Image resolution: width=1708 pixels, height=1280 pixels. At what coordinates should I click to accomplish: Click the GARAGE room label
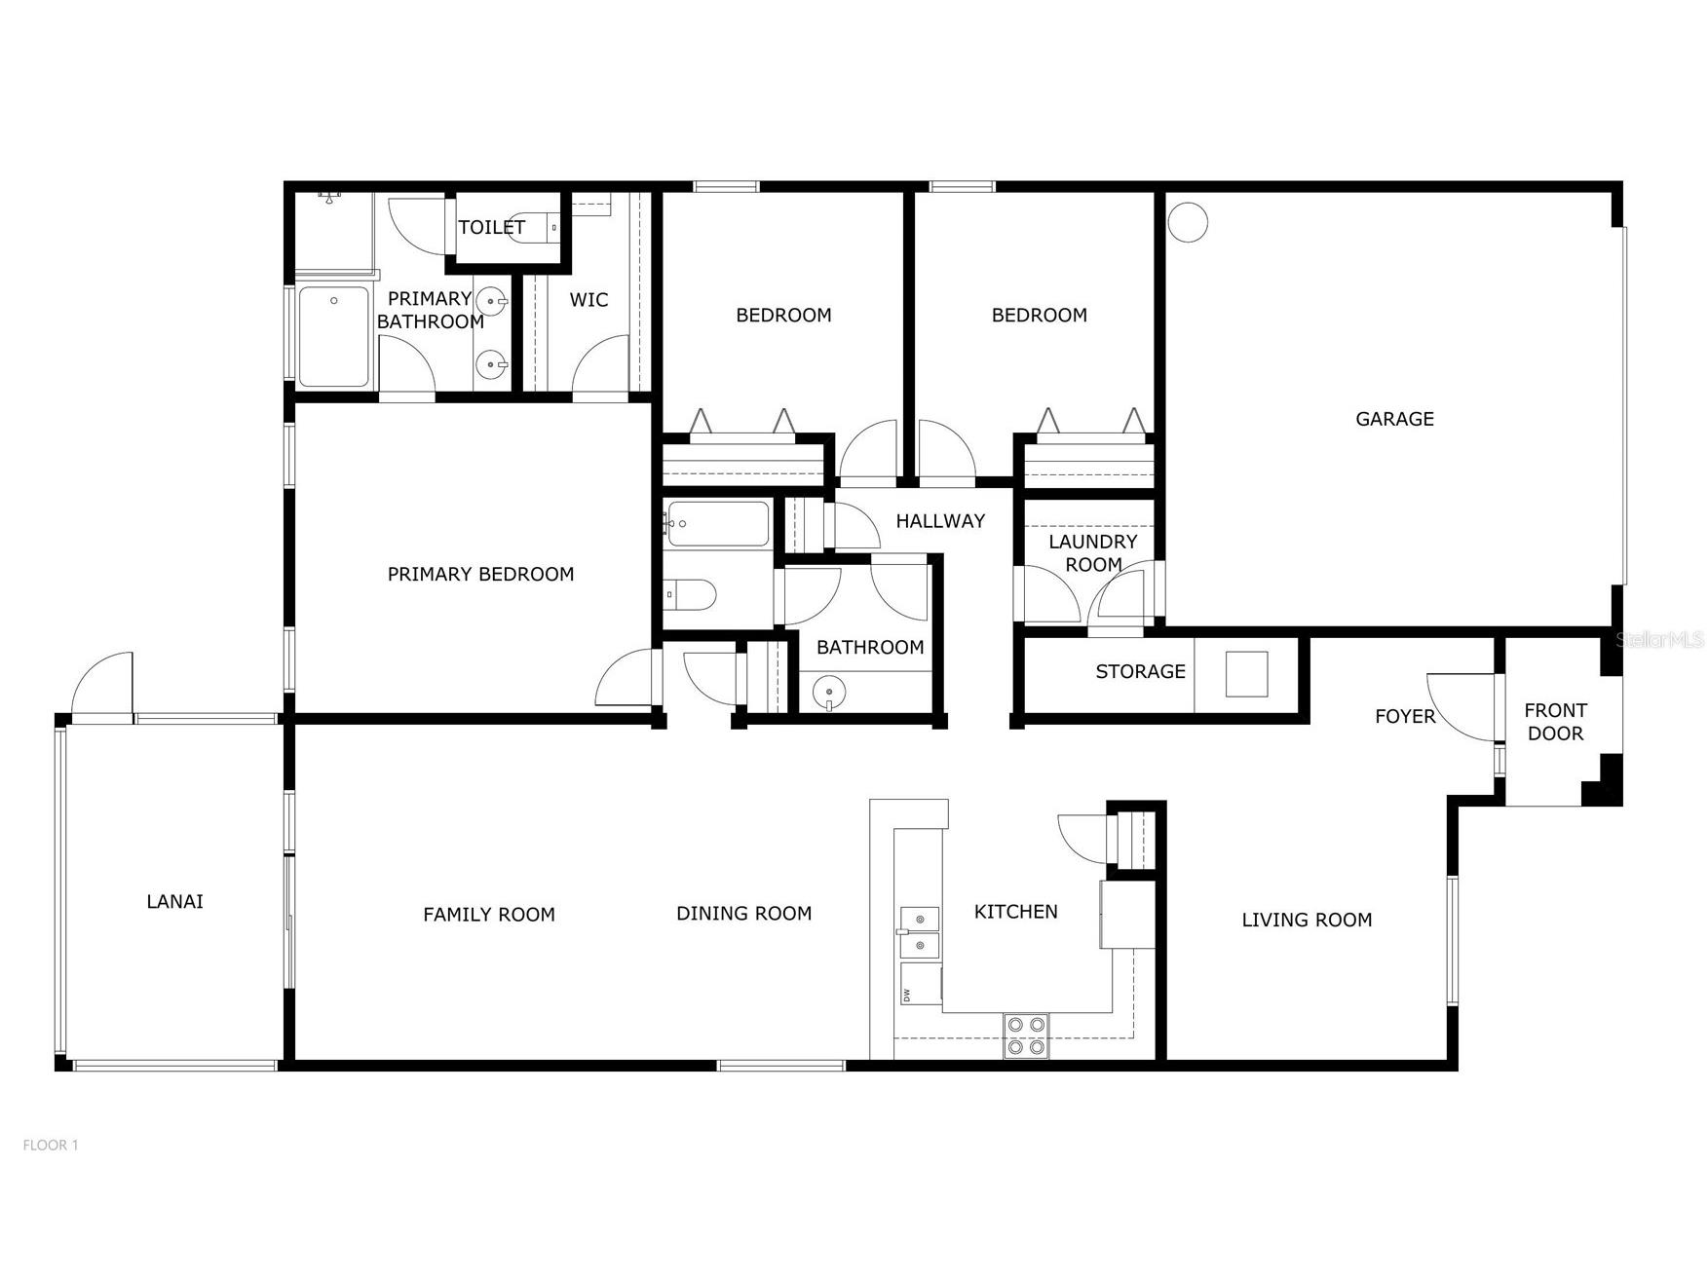click(1394, 419)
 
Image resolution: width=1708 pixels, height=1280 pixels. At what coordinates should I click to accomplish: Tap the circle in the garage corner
click(1188, 222)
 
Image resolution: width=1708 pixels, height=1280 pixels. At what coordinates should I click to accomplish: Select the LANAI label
click(174, 901)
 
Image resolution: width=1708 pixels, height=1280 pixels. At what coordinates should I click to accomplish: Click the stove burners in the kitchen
click(1026, 1035)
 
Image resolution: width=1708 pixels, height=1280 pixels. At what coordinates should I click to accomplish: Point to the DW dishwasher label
click(907, 995)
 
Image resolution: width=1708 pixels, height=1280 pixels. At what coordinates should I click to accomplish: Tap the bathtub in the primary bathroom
click(333, 336)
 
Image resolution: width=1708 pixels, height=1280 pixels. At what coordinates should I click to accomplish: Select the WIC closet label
click(588, 300)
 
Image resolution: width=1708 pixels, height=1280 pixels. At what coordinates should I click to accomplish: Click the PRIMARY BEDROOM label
click(480, 574)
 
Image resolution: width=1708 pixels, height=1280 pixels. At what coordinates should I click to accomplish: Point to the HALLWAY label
click(940, 521)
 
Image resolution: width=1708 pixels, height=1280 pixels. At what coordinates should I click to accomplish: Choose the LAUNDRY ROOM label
click(1093, 553)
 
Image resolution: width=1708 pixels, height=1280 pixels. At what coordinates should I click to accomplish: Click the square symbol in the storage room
click(1246, 674)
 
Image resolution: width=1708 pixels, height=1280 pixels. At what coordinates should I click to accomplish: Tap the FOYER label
click(1405, 717)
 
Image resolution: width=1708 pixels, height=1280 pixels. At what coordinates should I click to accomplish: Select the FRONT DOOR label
click(1555, 722)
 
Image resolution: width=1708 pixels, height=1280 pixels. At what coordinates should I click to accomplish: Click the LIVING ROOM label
click(1307, 920)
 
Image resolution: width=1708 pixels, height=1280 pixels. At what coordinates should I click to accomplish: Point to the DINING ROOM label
click(743, 914)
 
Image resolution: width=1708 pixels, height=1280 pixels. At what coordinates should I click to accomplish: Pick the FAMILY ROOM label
click(489, 915)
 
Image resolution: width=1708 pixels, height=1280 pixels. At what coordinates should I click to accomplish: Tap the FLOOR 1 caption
click(51, 1146)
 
